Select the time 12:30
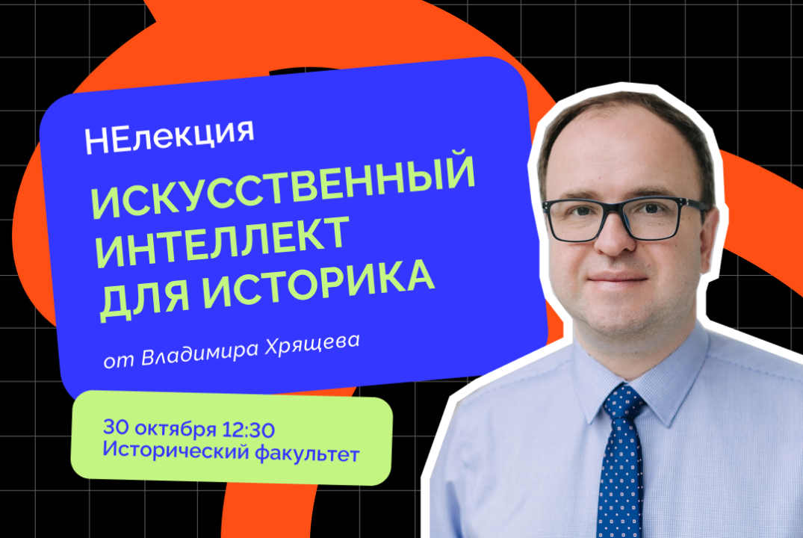coord(249,430)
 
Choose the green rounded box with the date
coord(232,441)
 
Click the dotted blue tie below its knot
coord(620,478)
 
